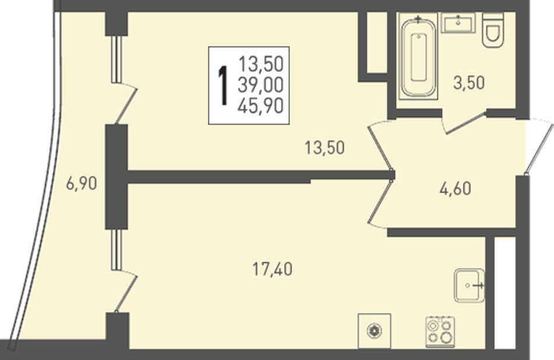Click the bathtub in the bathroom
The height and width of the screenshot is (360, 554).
tap(419, 57)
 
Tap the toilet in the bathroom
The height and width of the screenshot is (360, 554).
tap(493, 30)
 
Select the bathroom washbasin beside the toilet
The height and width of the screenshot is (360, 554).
tap(458, 23)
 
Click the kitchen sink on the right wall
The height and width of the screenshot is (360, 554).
tap(469, 285)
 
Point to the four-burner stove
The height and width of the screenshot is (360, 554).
tap(440, 332)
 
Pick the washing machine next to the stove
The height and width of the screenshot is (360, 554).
tap(374, 331)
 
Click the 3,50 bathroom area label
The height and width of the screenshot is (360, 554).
tap(469, 83)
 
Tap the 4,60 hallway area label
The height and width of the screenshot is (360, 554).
tap(455, 189)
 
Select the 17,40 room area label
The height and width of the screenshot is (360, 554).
tap(272, 270)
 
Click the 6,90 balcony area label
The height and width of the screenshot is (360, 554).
tap(81, 184)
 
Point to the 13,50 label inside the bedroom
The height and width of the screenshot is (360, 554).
tap(324, 148)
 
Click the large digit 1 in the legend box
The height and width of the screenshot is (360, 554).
tap(223, 86)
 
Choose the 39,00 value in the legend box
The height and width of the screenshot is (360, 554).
tap(261, 85)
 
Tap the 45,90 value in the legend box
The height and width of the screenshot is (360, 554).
tap(261, 106)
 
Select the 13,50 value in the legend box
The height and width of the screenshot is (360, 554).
tap(261, 64)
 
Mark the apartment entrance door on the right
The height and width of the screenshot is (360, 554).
tap(539, 147)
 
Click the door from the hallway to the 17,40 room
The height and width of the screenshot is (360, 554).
tap(381, 202)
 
